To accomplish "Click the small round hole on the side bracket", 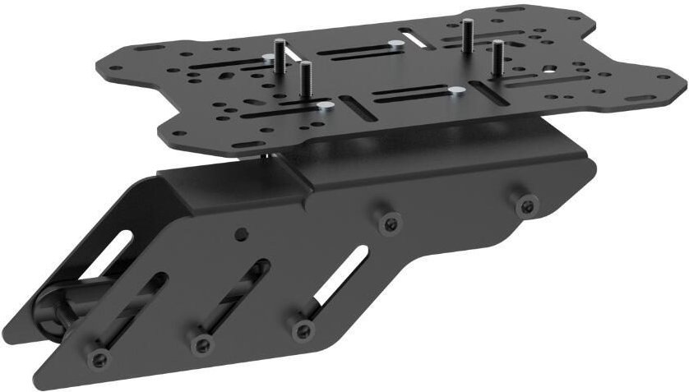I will tap(240, 234).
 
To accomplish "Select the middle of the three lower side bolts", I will tap(200, 344).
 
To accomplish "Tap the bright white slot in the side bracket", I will tap(341, 272).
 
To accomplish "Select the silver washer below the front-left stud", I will tap(326, 105).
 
